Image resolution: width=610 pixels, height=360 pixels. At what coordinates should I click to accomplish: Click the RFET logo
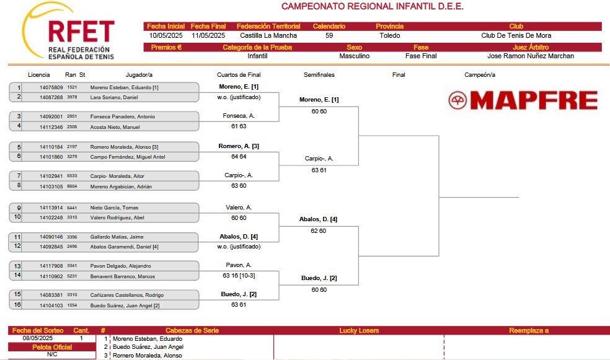pyautogui.click(x=68, y=31)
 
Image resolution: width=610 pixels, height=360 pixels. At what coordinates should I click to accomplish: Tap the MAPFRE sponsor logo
pyautogui.click(x=523, y=100)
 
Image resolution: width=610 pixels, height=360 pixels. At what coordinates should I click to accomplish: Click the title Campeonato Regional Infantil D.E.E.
pyautogui.click(x=373, y=6)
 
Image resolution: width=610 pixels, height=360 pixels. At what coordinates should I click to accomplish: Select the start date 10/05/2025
pyautogui.click(x=166, y=35)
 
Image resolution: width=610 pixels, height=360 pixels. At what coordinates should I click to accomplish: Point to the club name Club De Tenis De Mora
pyautogui.click(x=516, y=35)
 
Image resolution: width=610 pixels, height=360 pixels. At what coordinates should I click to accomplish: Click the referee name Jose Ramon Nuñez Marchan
pyautogui.click(x=531, y=56)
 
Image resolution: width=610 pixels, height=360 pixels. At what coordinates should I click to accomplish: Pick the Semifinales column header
pyautogui.click(x=319, y=74)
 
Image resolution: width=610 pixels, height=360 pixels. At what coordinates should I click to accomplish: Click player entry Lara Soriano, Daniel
pyautogui.click(x=114, y=97)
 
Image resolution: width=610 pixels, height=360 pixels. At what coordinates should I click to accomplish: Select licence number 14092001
pyautogui.click(x=51, y=116)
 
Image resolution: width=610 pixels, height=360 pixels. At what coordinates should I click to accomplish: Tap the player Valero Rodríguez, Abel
pyautogui.click(x=117, y=217)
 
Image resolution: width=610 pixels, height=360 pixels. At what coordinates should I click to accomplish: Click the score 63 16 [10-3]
pyautogui.click(x=239, y=276)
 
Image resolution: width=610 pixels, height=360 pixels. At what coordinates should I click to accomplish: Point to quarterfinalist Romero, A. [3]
pyautogui.click(x=239, y=146)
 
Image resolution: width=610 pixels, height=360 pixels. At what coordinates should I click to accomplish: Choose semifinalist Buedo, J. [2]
pyautogui.click(x=319, y=278)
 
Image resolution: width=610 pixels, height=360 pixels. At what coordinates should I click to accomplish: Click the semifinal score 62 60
pyautogui.click(x=318, y=231)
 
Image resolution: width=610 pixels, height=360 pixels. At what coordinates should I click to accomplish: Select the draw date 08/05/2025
pyautogui.click(x=37, y=338)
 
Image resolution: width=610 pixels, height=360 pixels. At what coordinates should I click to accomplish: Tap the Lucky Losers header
pyautogui.click(x=359, y=330)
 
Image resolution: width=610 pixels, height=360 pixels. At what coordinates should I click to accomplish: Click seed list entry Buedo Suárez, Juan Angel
pyautogui.click(x=148, y=347)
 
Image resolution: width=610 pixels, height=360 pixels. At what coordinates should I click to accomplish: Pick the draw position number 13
pyautogui.click(x=17, y=266)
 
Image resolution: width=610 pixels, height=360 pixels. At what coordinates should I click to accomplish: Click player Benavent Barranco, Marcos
pyautogui.click(x=123, y=276)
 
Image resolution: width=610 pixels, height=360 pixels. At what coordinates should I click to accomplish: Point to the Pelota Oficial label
pyautogui.click(x=52, y=347)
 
